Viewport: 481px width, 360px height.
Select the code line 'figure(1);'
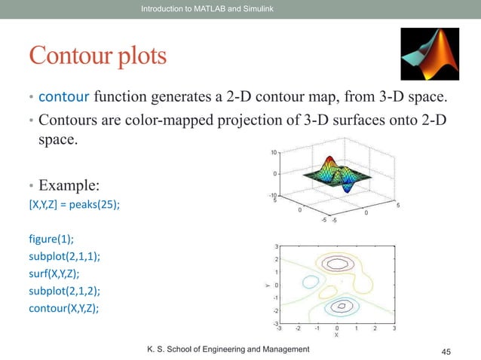click(47, 240)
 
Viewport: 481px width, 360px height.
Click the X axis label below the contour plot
click(336, 335)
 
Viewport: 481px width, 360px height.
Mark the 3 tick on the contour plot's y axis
click(276, 246)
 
